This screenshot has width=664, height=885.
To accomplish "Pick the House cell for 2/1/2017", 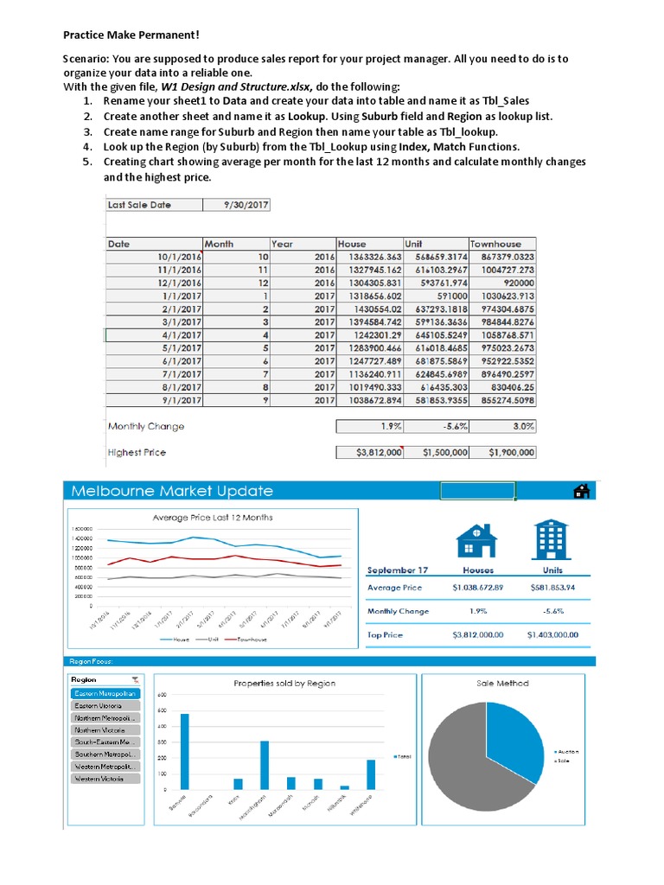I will click(369, 309).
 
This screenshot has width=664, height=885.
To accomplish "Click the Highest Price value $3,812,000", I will click(369, 452).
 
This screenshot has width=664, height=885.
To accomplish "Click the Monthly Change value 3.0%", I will click(502, 426).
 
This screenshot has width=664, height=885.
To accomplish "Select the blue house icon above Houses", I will click(476, 540).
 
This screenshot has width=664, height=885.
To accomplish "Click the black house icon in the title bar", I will click(582, 491).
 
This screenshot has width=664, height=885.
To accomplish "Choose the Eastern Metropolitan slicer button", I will click(105, 694).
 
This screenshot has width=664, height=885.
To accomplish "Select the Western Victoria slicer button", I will click(105, 779).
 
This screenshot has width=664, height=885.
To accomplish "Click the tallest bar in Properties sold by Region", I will click(184, 751).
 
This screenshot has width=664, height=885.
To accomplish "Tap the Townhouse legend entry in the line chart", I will click(246, 640).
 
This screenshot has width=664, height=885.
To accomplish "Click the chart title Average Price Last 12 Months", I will click(213, 518).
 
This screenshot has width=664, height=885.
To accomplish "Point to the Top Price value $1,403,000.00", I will click(552, 634).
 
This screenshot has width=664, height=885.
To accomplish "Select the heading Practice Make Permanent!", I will click(131, 35).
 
